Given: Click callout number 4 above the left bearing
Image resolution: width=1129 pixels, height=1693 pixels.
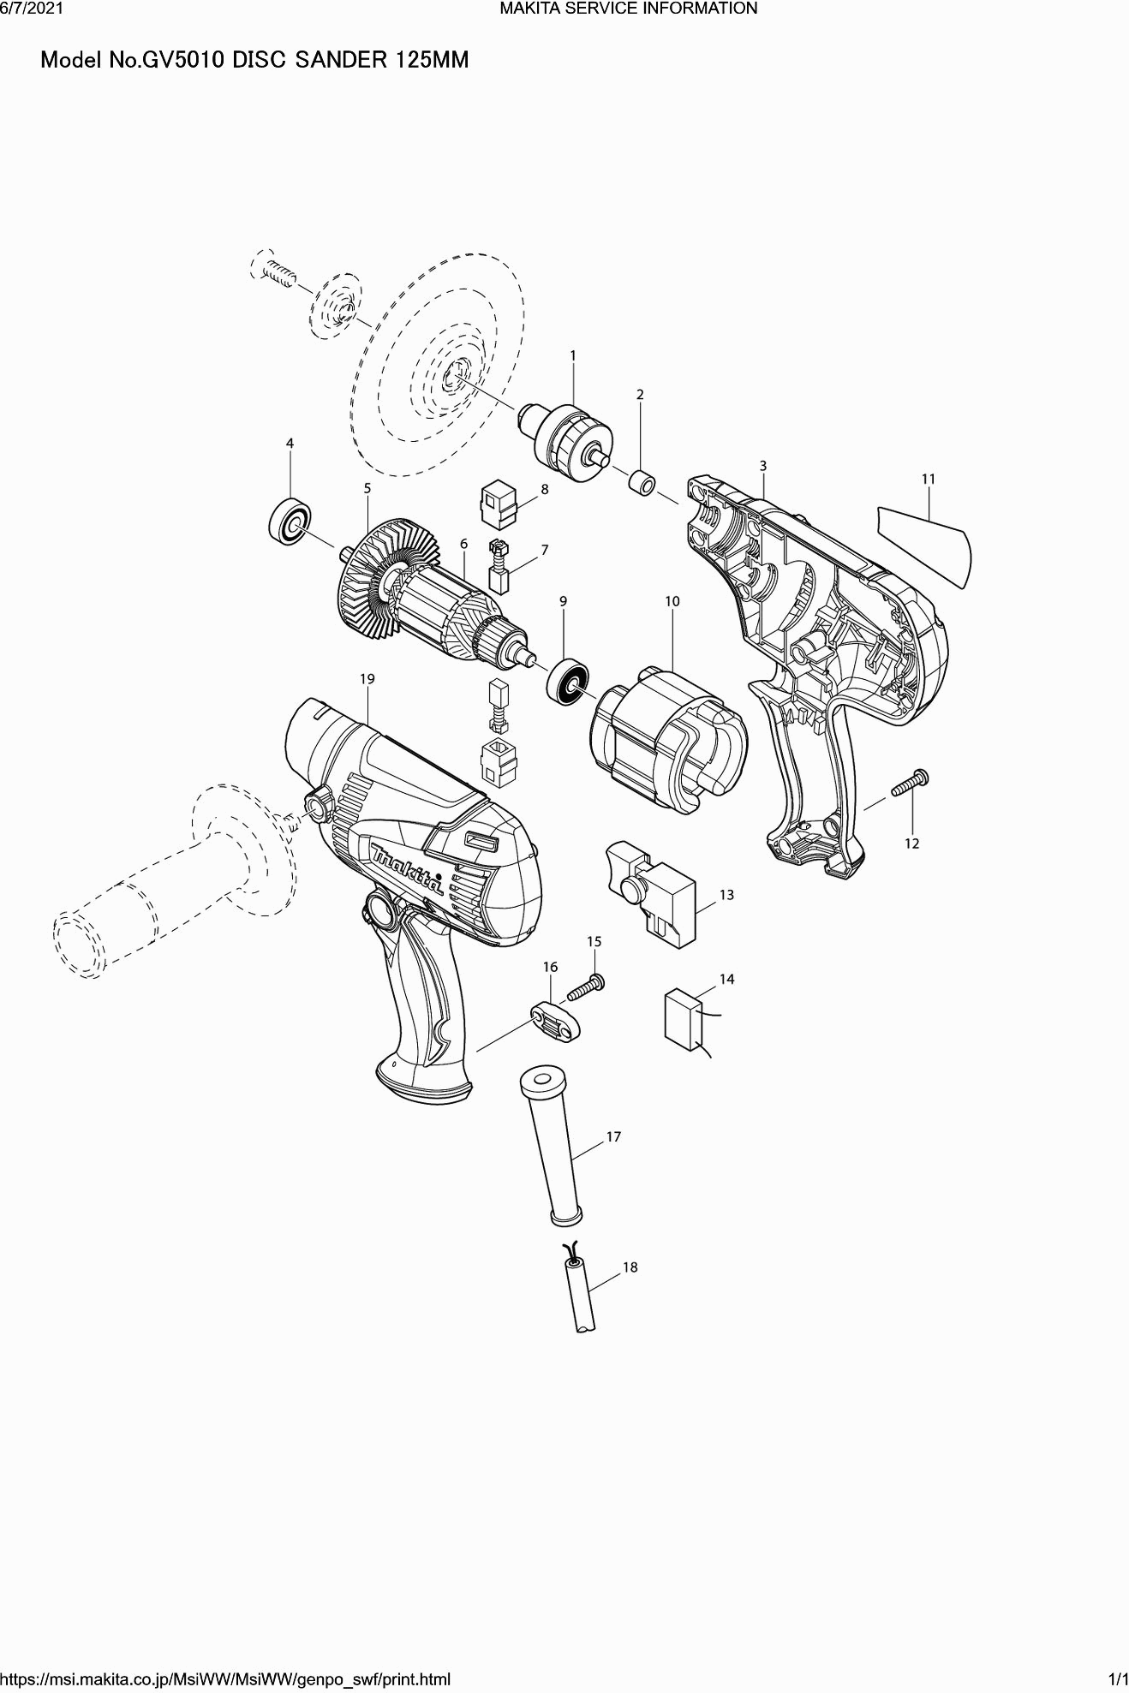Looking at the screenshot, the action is click(290, 443).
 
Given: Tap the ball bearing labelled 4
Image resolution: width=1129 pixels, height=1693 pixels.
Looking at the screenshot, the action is click(290, 521).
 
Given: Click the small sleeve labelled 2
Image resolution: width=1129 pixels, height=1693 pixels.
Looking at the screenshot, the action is click(644, 482).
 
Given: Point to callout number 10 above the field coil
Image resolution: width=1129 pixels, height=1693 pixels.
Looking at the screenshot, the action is click(672, 601).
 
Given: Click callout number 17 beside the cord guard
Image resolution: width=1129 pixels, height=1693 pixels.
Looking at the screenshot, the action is click(613, 1136).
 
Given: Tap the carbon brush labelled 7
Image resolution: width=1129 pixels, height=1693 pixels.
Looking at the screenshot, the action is click(499, 565).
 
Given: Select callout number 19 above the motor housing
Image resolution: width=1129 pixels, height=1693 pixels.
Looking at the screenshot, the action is click(367, 678).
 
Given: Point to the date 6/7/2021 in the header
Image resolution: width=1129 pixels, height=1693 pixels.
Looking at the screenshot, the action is click(31, 9).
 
